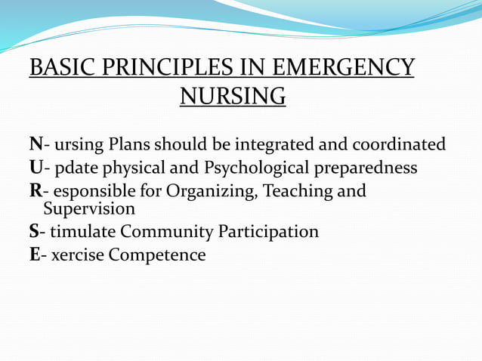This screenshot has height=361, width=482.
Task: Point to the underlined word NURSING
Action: pyautogui.click(x=233, y=97)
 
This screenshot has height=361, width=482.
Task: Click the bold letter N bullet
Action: pyautogui.click(x=36, y=144)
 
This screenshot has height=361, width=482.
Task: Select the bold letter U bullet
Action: pyautogui.click(x=36, y=168)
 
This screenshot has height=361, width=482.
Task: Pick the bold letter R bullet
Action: pyautogui.click(x=36, y=191)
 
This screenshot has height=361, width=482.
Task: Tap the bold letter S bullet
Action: pyautogui.click(x=34, y=231)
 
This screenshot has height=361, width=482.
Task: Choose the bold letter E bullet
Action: pyautogui.click(x=35, y=255)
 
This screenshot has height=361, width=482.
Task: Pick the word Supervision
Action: pyautogui.click(x=89, y=208)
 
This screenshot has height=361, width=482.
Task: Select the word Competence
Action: pyautogui.click(x=156, y=255)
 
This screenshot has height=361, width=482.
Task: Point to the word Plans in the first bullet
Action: pyautogui.click(x=130, y=144)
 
